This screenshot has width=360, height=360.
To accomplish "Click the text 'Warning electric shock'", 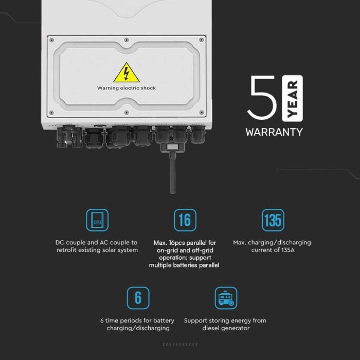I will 127,88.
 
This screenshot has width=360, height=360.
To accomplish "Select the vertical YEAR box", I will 293,98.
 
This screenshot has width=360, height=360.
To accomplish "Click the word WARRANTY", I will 274,132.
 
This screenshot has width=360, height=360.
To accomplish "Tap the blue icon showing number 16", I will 185,220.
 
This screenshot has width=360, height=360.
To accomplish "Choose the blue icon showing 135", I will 273,220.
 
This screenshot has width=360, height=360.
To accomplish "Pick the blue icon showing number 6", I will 138,298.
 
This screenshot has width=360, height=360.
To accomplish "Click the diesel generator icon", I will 226,298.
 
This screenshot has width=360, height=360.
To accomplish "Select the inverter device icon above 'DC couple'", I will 97,220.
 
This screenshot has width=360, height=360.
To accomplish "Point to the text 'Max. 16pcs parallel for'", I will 185,242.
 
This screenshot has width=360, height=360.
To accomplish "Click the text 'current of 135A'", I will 272,250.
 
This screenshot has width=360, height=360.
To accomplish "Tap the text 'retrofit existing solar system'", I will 97,250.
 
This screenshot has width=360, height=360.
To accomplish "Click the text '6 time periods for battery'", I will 138,320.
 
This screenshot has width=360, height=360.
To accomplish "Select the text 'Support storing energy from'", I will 225,320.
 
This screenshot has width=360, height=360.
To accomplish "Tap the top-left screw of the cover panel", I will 51,39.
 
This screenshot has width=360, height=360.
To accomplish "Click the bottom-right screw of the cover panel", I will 202,113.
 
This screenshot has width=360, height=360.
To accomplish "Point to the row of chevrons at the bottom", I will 180,344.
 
